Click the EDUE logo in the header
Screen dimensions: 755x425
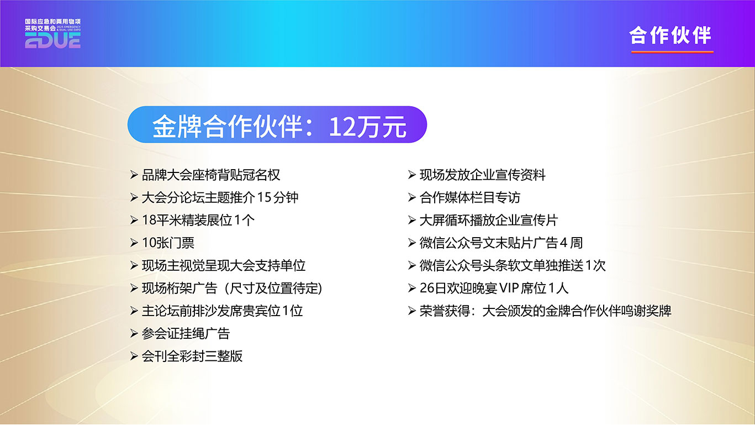tap(52, 34)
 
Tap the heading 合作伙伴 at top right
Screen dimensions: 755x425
tap(670, 35)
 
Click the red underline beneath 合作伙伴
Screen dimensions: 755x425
tap(672, 52)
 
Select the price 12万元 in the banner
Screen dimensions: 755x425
tap(367, 127)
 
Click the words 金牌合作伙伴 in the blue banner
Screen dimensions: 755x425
tap(228, 127)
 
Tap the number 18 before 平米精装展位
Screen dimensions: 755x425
tap(149, 221)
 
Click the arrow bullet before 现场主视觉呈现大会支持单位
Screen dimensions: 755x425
tap(134, 266)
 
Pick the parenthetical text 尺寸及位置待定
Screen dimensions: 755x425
tap(273, 288)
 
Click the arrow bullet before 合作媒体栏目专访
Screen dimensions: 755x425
tap(411, 198)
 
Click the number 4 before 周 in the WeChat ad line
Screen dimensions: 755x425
tap(563, 243)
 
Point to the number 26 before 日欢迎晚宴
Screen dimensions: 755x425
tap(427, 288)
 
